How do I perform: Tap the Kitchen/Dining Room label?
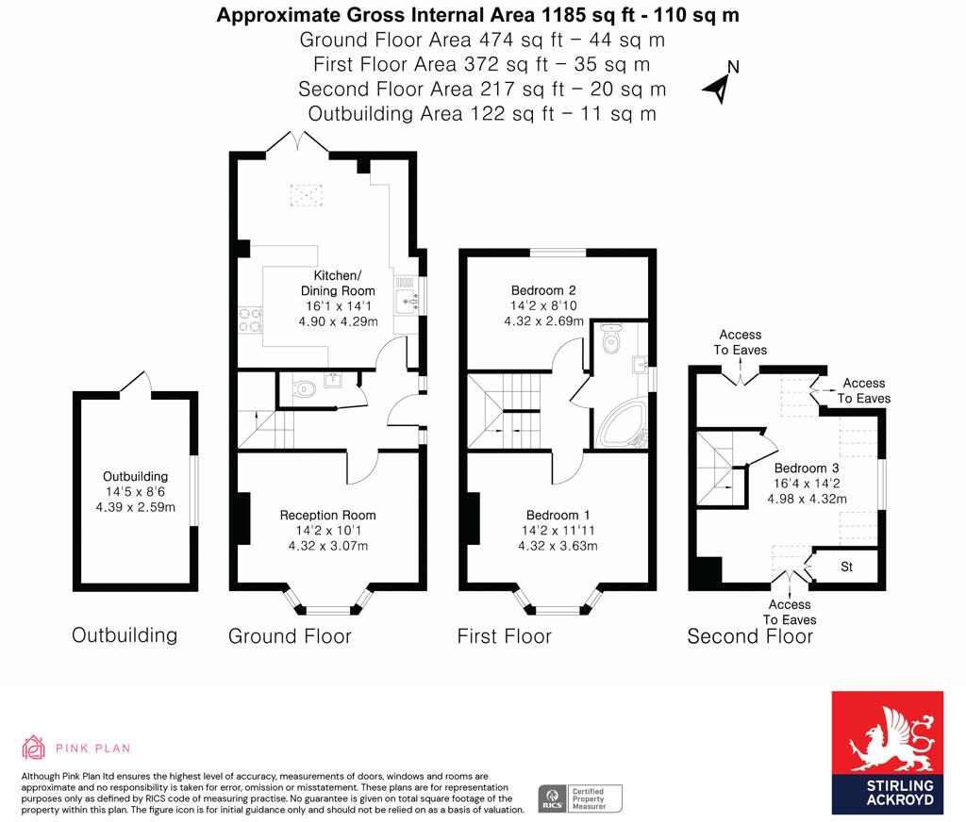(x=337, y=283)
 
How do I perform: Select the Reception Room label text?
(x=327, y=515)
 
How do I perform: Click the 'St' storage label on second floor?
(x=846, y=567)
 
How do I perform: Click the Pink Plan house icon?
(x=34, y=748)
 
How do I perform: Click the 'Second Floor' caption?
(x=749, y=636)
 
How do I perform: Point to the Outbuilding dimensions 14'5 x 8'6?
(x=136, y=491)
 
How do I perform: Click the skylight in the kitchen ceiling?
(x=305, y=194)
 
